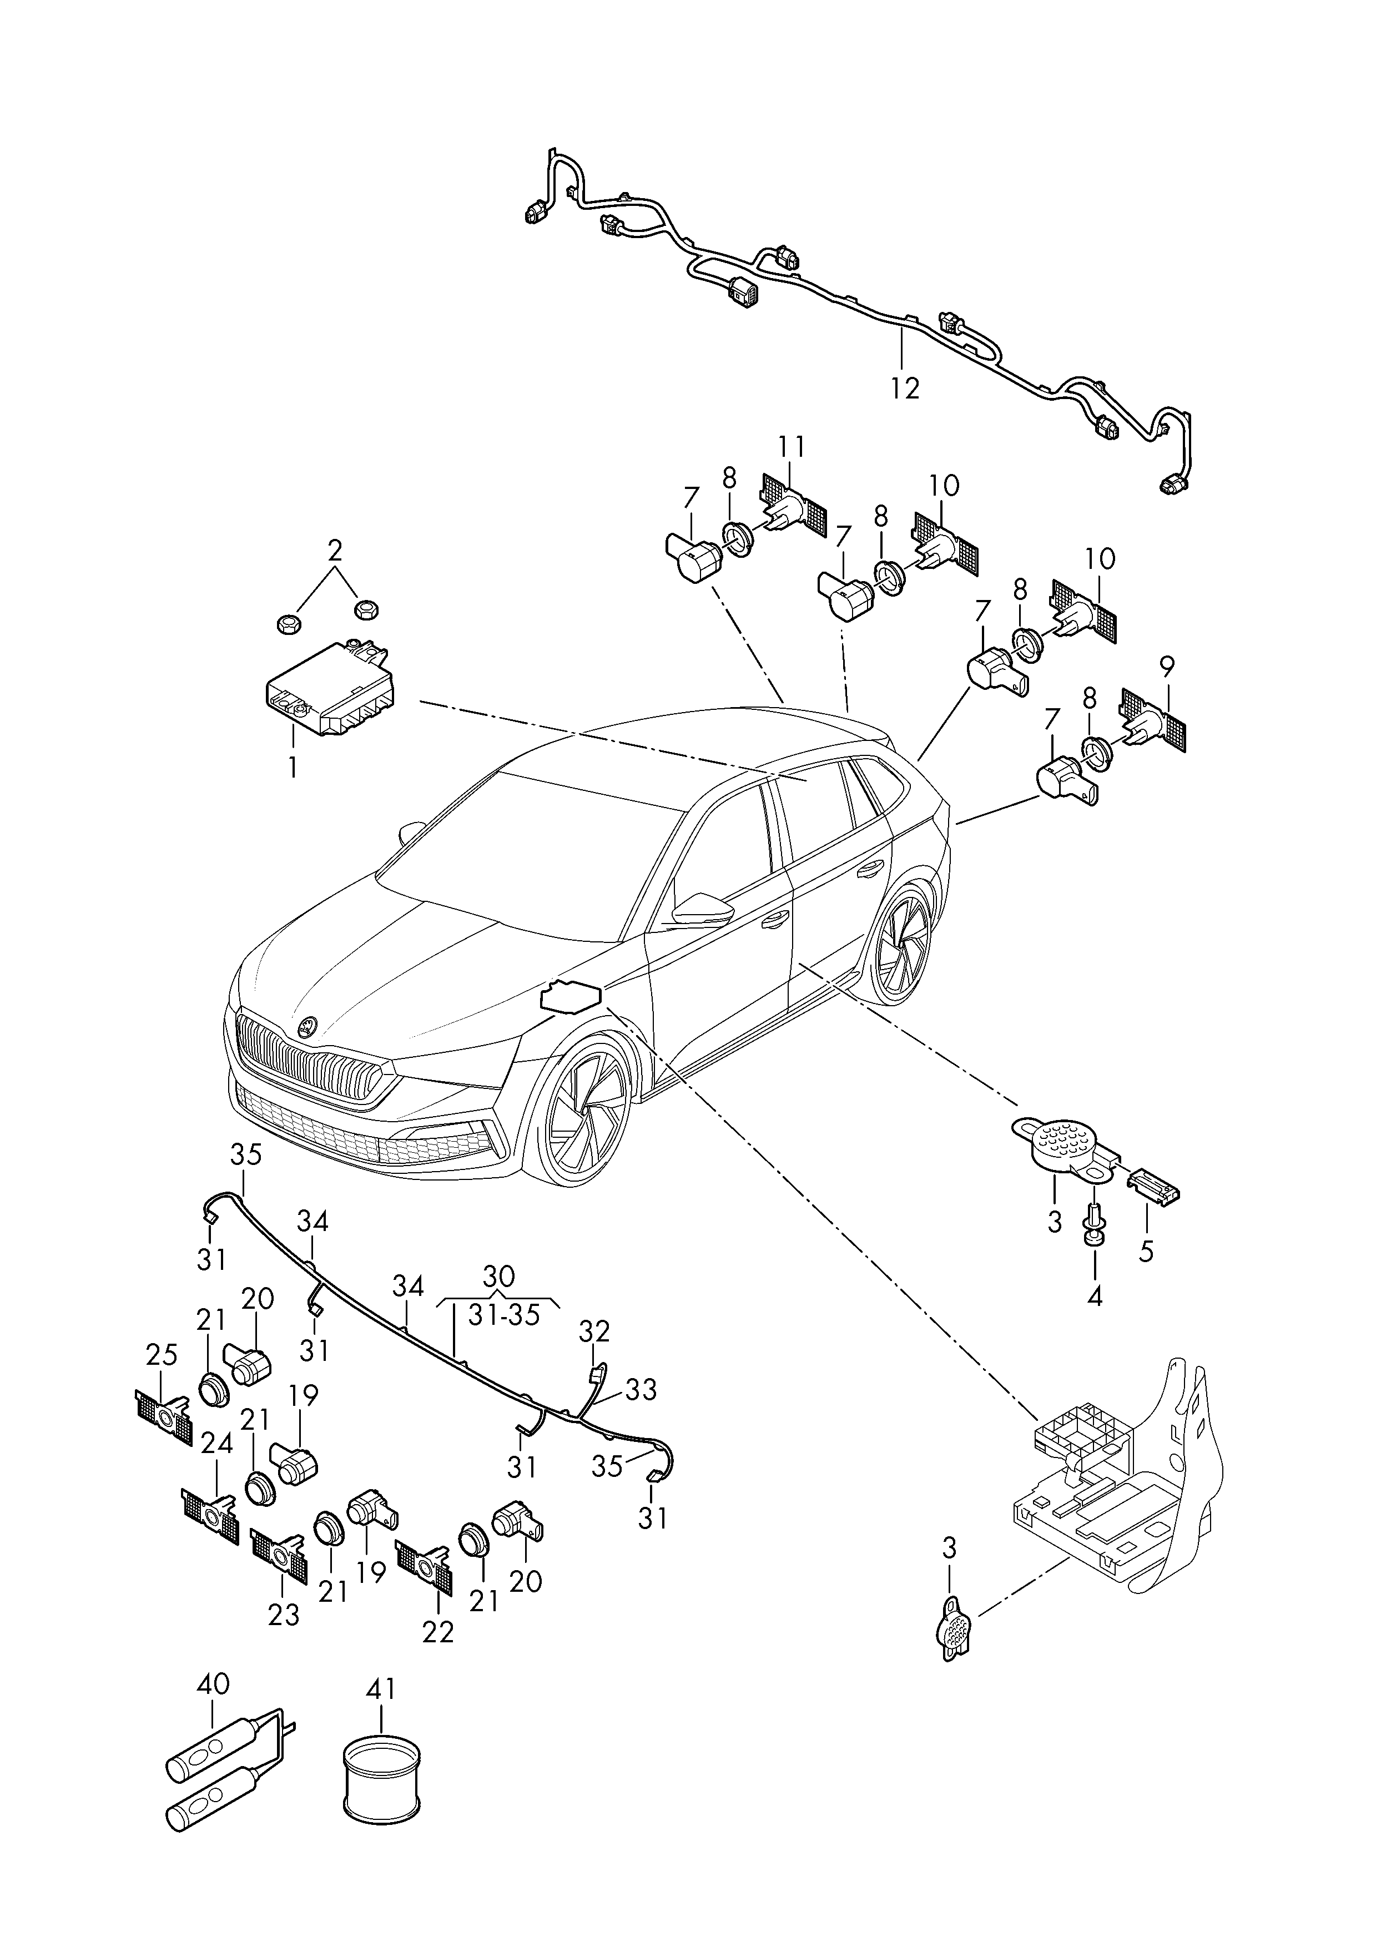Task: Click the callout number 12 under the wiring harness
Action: [905, 389]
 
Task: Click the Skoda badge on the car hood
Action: [307, 1027]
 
